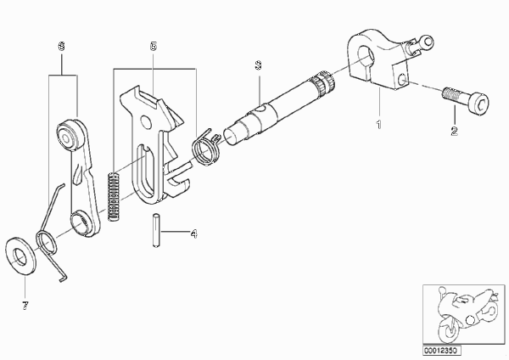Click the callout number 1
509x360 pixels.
tap(379, 125)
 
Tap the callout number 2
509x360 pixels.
tap(454, 131)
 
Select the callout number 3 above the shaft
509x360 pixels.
tap(258, 65)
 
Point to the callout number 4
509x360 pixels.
tap(193, 233)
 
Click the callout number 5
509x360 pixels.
tap(154, 46)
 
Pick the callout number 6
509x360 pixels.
tap(61, 46)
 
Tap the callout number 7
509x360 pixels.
tap(25, 306)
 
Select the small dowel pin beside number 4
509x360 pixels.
tap(156, 230)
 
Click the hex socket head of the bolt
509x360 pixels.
tap(479, 103)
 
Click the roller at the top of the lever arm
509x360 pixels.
tap(68, 135)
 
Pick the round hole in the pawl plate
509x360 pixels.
tap(147, 121)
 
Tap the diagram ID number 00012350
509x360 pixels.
tap(441, 351)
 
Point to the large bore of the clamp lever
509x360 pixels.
tap(366, 57)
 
